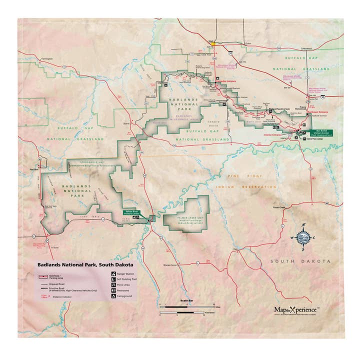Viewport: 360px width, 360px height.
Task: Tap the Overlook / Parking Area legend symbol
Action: click(x=43, y=276)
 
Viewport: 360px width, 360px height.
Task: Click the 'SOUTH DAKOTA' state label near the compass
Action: click(x=299, y=261)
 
